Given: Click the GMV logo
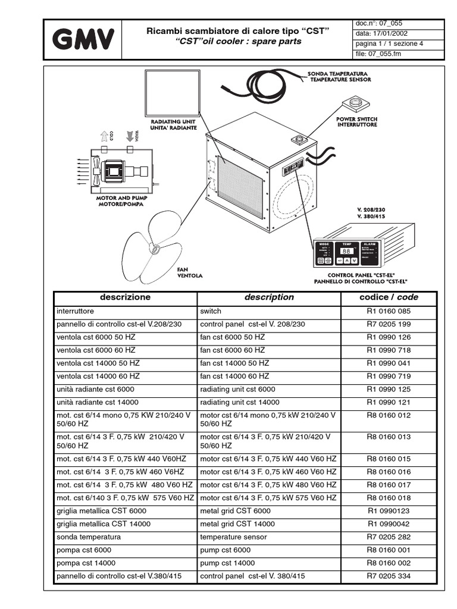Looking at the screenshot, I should pos(83,40).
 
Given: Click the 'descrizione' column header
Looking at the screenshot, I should pos(125,297).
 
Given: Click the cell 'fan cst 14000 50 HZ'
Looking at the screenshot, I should pos(234,363).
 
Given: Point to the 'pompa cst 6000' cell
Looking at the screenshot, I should pos(84,550).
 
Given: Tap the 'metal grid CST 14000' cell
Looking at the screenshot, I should pos(237,524).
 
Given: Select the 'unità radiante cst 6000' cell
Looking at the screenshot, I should pos(95,389).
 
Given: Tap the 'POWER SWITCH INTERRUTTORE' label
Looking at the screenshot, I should pos(356,122).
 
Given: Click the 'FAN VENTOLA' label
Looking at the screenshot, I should pos(190,272).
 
